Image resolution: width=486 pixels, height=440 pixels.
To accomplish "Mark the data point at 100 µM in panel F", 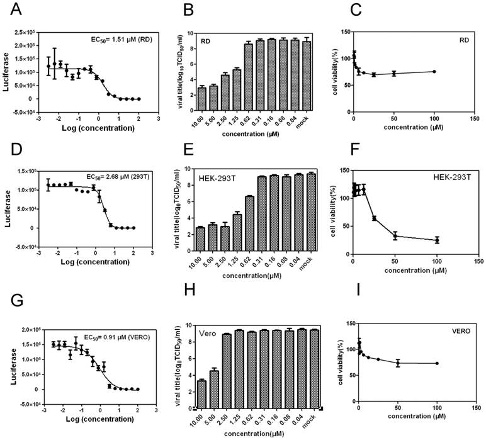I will click(436, 240).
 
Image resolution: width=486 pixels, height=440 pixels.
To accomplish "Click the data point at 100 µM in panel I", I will click(437, 363).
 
